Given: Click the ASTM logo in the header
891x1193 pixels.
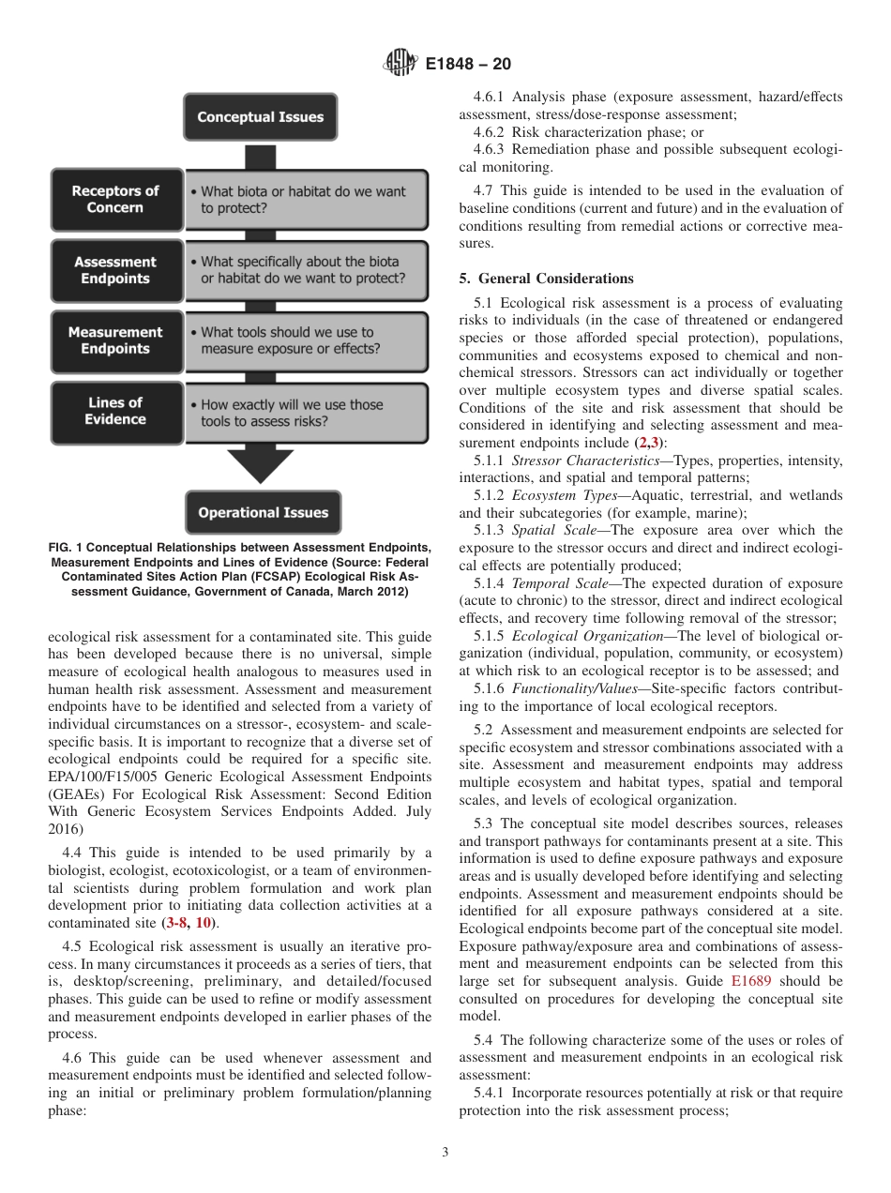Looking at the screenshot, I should [400, 64].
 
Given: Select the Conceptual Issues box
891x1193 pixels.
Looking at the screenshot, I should [260, 117].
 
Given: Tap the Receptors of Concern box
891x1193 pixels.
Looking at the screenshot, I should [116, 199].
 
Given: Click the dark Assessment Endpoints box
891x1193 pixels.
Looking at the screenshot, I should [115, 270].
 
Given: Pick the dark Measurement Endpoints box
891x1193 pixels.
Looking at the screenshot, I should [115, 340].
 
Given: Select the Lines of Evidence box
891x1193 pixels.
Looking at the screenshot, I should [115, 411].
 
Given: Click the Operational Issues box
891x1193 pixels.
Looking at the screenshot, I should [263, 512].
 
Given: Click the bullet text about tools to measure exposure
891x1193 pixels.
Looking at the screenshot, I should [290, 340].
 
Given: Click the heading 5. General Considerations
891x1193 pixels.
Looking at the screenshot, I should [546, 279].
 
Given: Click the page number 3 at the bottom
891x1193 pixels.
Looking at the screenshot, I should [445, 1153].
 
